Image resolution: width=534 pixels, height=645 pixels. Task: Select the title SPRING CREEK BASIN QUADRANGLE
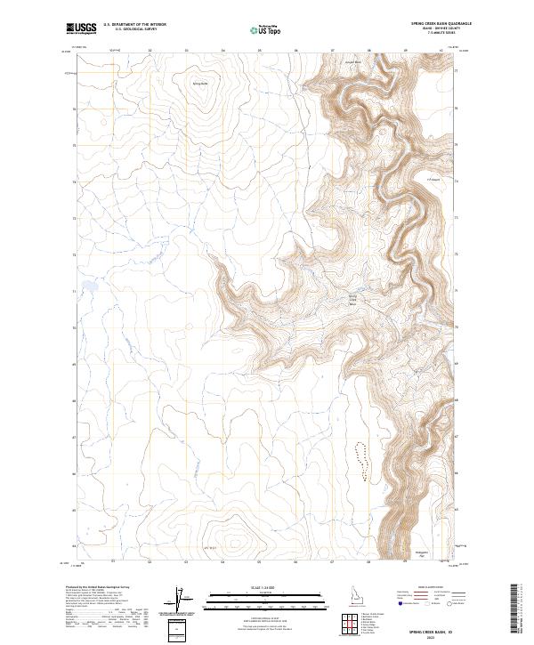pyautogui.click(x=434, y=23)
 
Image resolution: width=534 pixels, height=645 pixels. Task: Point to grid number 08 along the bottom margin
pyautogui.click(x=368, y=561)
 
